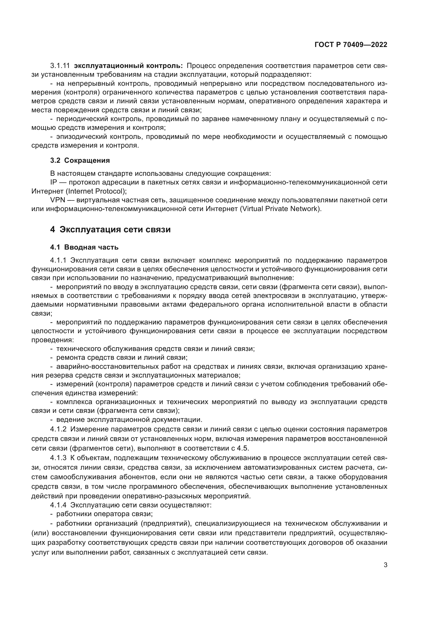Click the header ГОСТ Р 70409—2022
[351, 45]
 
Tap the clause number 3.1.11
[60, 66]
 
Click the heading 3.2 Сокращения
[80, 160]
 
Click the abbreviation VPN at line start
[57, 200]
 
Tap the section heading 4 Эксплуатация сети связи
[110, 230]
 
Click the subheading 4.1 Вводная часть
[84, 247]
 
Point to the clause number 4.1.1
[58, 260]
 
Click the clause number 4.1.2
[58, 429]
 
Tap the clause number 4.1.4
[58, 505]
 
